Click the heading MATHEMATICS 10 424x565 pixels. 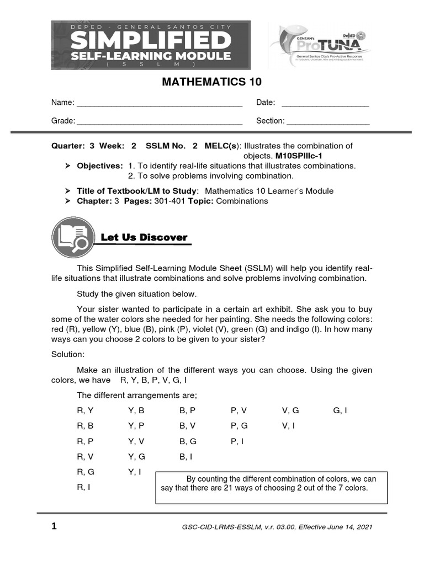coord(211,82)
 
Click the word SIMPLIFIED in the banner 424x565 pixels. coord(151,41)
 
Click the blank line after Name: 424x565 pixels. coord(159,103)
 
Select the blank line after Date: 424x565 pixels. coord(325,103)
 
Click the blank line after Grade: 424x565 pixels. coord(159,121)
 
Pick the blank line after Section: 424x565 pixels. coord(328,121)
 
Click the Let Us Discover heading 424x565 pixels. coord(144,237)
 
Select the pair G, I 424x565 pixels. coord(340,411)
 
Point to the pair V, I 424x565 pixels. coord(288,426)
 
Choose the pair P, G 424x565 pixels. coord(239,426)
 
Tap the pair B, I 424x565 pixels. coord(186,456)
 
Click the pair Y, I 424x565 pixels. coord(135,472)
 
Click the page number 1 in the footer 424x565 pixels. coord(54,526)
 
